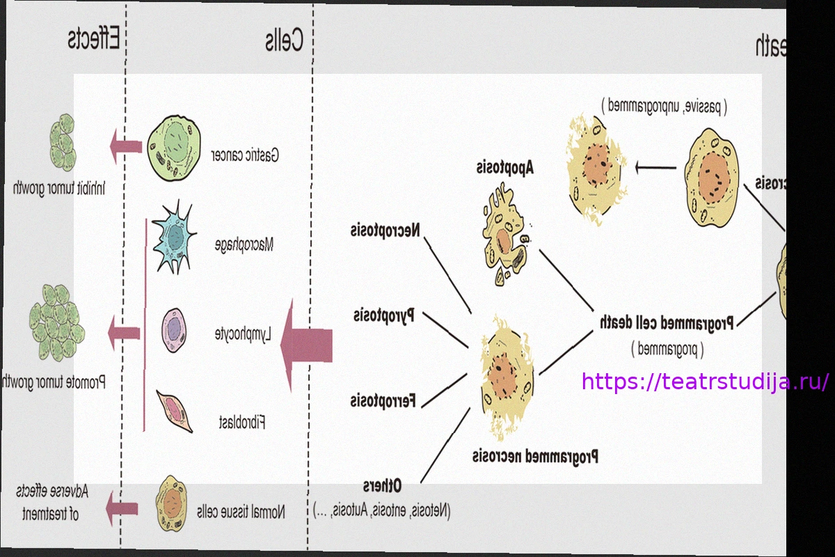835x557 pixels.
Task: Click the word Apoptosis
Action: (504, 168)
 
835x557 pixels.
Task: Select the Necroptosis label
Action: (385, 230)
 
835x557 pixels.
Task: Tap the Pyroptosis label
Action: (383, 315)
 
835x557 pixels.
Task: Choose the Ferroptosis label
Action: (383, 400)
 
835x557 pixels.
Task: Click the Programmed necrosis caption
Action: (535, 457)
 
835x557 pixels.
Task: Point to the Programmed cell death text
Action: (666, 322)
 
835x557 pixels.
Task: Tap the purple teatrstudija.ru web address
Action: (705, 382)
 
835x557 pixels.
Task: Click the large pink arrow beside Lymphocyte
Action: (306, 345)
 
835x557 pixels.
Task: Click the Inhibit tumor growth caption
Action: (58, 188)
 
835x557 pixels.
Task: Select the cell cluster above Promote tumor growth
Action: (55, 322)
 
